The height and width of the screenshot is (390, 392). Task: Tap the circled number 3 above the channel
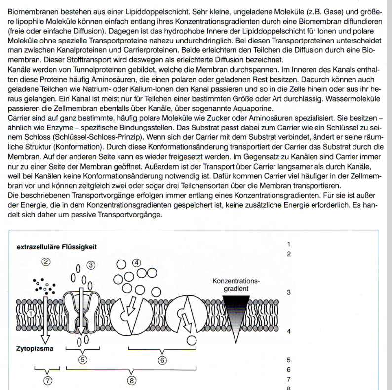[x=91, y=265]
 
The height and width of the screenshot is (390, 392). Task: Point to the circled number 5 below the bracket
[x=83, y=359]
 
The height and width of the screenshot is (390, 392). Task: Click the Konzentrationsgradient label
[x=235, y=285]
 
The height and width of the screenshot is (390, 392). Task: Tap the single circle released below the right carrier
[x=190, y=340]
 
